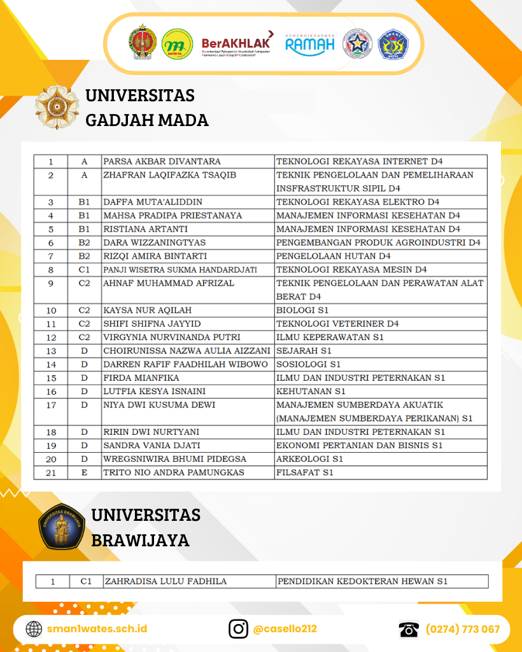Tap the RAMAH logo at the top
pyautogui.click(x=310, y=44)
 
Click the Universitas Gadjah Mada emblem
pyautogui.click(x=57, y=107)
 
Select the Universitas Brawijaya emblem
pyautogui.click(x=62, y=527)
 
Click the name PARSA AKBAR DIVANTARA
pyautogui.click(x=162, y=162)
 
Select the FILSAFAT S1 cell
pyautogui.click(x=305, y=472)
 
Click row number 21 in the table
pyautogui.click(x=51, y=472)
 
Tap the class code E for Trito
pyautogui.click(x=84, y=472)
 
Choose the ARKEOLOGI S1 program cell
pyautogui.click(x=310, y=458)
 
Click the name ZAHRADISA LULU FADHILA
pyautogui.click(x=166, y=581)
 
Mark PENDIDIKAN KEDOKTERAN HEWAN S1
pyautogui.click(x=362, y=581)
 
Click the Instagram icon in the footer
pyautogui.click(x=239, y=629)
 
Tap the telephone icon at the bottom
pyautogui.click(x=409, y=629)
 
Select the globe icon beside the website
pyautogui.click(x=34, y=629)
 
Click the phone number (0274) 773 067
pyautogui.click(x=463, y=629)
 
